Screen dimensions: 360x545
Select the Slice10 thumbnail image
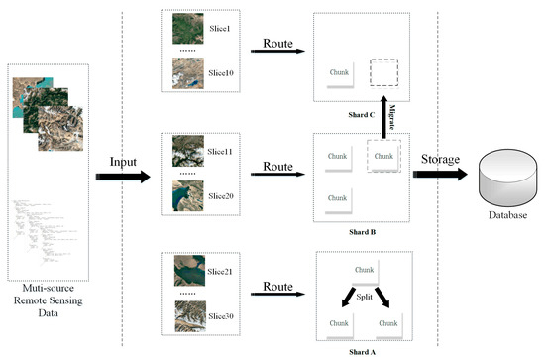(185, 72)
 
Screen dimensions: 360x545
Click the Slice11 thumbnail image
(185, 149)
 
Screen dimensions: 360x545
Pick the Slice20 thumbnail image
(185, 195)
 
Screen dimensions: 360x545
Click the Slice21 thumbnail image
(185, 271)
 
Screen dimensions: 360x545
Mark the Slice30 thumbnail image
(185, 316)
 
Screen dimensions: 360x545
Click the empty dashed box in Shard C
(383, 73)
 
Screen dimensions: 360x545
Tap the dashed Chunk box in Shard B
(383, 155)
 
